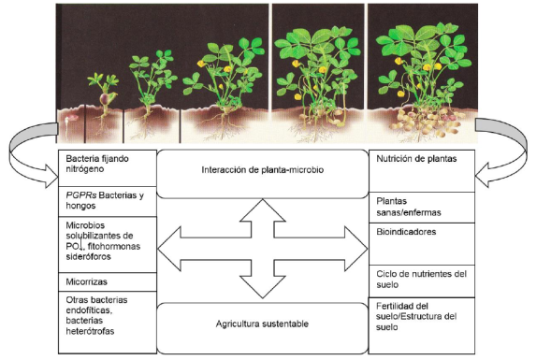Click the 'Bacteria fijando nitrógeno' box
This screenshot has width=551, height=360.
(x=108, y=168)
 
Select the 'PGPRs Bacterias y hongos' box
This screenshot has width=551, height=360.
(x=108, y=202)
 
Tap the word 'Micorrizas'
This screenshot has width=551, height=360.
(x=86, y=281)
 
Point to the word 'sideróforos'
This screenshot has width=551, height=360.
(x=88, y=257)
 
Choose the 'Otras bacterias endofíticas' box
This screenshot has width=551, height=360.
(x=108, y=322)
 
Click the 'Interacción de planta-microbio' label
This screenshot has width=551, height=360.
(x=263, y=170)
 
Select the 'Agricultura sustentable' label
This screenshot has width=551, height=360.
(x=262, y=324)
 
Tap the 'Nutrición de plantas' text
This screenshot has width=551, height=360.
(x=416, y=159)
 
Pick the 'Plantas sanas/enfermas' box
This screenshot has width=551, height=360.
(x=422, y=208)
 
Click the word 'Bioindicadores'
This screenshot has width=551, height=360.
(x=406, y=232)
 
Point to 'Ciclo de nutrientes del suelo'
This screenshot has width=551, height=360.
(x=421, y=280)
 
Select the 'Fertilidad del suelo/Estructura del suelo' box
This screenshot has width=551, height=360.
(x=422, y=325)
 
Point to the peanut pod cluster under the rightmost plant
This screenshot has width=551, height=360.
(x=426, y=122)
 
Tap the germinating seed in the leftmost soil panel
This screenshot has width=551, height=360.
(x=70, y=118)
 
